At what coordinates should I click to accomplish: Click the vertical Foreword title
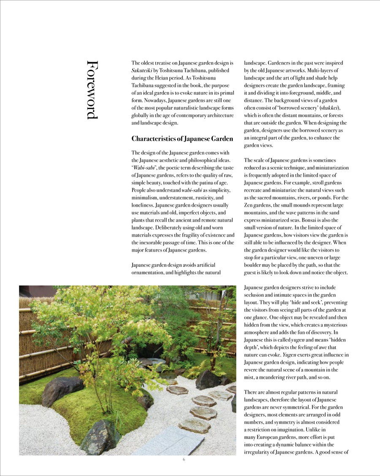point(92,89)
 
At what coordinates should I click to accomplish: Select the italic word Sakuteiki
point(142,70)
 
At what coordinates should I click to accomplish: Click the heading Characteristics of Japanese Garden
point(182,139)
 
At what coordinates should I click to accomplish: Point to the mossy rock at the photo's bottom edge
point(100,438)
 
